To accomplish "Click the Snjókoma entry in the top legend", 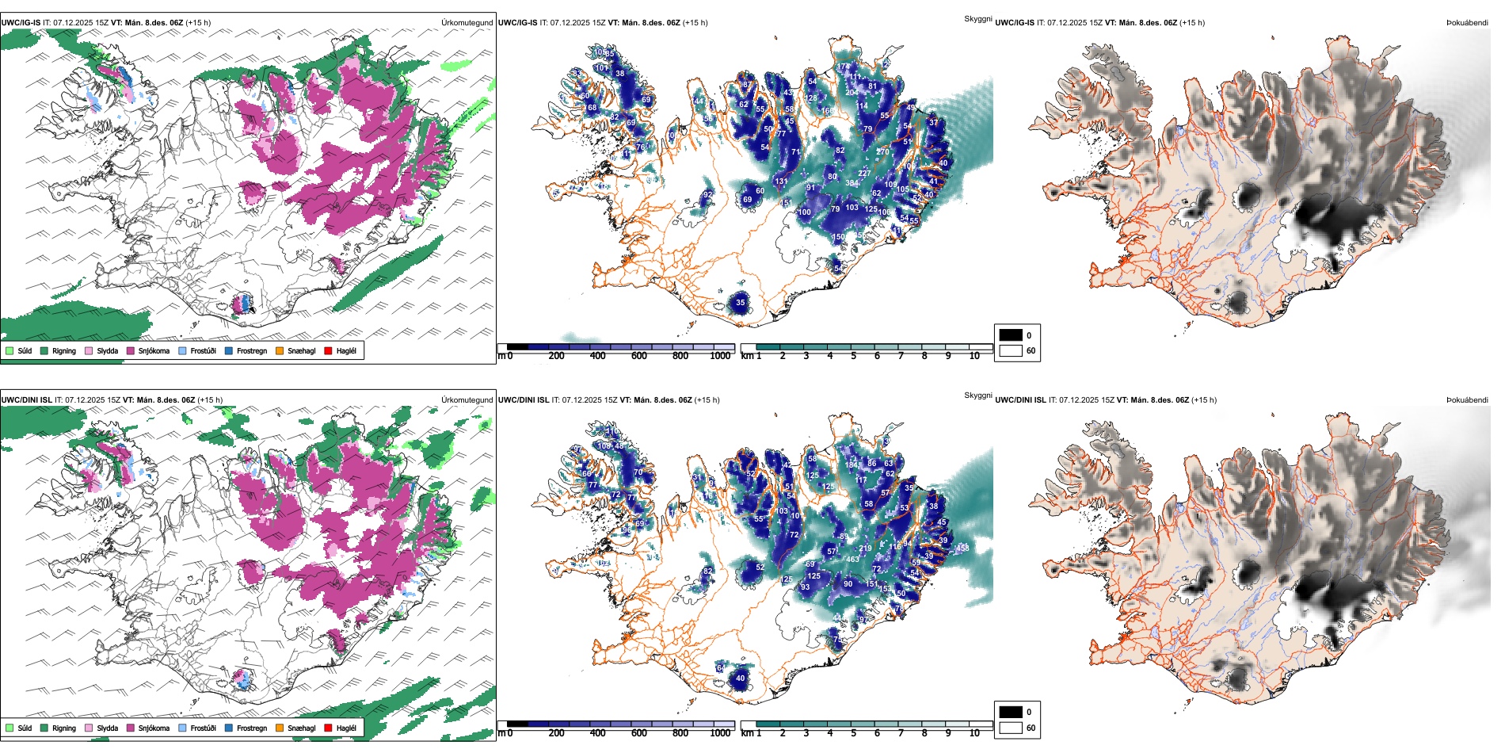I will (153, 350).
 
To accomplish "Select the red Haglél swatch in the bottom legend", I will (328, 728).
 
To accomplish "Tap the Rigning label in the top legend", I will (64, 350).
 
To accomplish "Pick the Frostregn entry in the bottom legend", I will (251, 728).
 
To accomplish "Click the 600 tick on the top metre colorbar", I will (638, 356).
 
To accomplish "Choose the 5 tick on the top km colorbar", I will (853, 356).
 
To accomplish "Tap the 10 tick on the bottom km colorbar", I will (974, 733).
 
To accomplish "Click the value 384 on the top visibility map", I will (852, 183).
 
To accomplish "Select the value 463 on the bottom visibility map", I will (852, 560).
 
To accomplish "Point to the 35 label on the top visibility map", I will (741, 302).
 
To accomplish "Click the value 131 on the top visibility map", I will (782, 182).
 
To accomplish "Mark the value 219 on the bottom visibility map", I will (865, 549).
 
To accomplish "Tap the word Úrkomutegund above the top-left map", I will (467, 23).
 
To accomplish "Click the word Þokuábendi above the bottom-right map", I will (1467, 400).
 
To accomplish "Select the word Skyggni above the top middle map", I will (977, 19).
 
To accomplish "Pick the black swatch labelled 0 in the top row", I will (1011, 335).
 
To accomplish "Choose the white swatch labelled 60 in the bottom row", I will (1011, 728).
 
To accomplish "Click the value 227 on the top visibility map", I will (864, 174).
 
